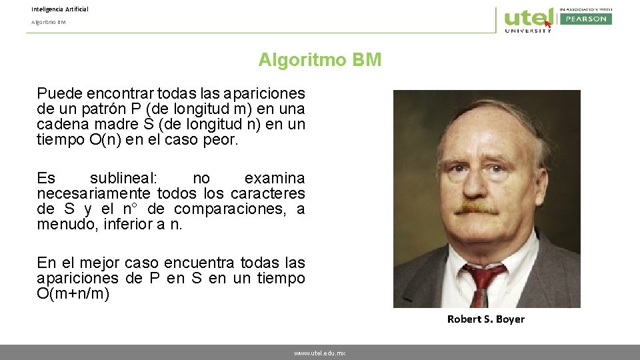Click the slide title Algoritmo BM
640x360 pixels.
point(320,60)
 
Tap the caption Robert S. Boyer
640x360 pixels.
point(485,319)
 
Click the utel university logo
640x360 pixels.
point(528,19)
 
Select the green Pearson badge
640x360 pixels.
point(585,19)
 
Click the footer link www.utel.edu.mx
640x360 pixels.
point(319,353)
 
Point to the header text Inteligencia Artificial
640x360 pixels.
point(59,9)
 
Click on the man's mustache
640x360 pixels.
point(477,207)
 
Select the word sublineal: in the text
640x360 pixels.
point(123,178)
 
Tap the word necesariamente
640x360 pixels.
point(93,193)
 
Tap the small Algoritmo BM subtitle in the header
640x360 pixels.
point(48,22)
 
